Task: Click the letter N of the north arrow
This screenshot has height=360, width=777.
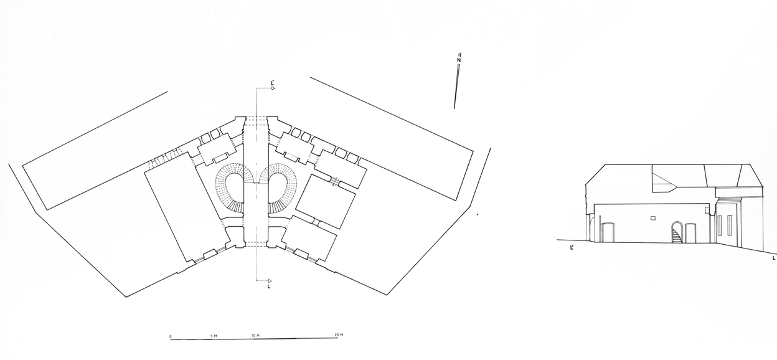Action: tap(459, 60)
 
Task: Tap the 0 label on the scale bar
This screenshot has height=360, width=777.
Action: tap(171, 336)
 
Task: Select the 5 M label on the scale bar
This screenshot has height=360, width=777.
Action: tap(214, 336)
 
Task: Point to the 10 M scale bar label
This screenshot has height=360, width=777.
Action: tap(256, 336)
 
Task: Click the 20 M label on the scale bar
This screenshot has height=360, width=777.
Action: tap(339, 334)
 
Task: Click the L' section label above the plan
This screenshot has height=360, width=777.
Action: tap(273, 83)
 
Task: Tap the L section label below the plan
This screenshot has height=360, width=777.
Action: tap(269, 287)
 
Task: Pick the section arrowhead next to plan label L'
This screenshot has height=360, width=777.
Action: tap(273, 88)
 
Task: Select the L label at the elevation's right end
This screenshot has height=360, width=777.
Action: tap(774, 258)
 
